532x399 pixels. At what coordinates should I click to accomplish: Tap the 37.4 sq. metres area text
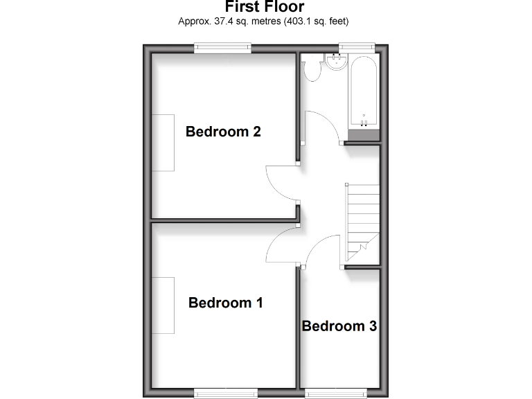pyautogui.click(x=263, y=21)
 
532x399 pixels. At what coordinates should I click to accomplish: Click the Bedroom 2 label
pyautogui.click(x=223, y=131)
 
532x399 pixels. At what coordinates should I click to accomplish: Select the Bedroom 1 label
pyautogui.click(x=226, y=303)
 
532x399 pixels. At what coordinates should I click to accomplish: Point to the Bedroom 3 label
pyautogui.click(x=339, y=326)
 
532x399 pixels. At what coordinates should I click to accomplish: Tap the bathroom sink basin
pyautogui.click(x=337, y=63)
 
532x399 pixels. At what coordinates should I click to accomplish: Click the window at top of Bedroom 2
pyautogui.click(x=222, y=47)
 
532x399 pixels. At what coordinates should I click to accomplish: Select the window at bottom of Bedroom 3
pyautogui.click(x=335, y=393)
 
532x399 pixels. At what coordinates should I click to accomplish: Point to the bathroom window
pyautogui.click(x=356, y=47)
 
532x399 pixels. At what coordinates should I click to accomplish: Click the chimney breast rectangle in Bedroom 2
pyautogui.click(x=163, y=142)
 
